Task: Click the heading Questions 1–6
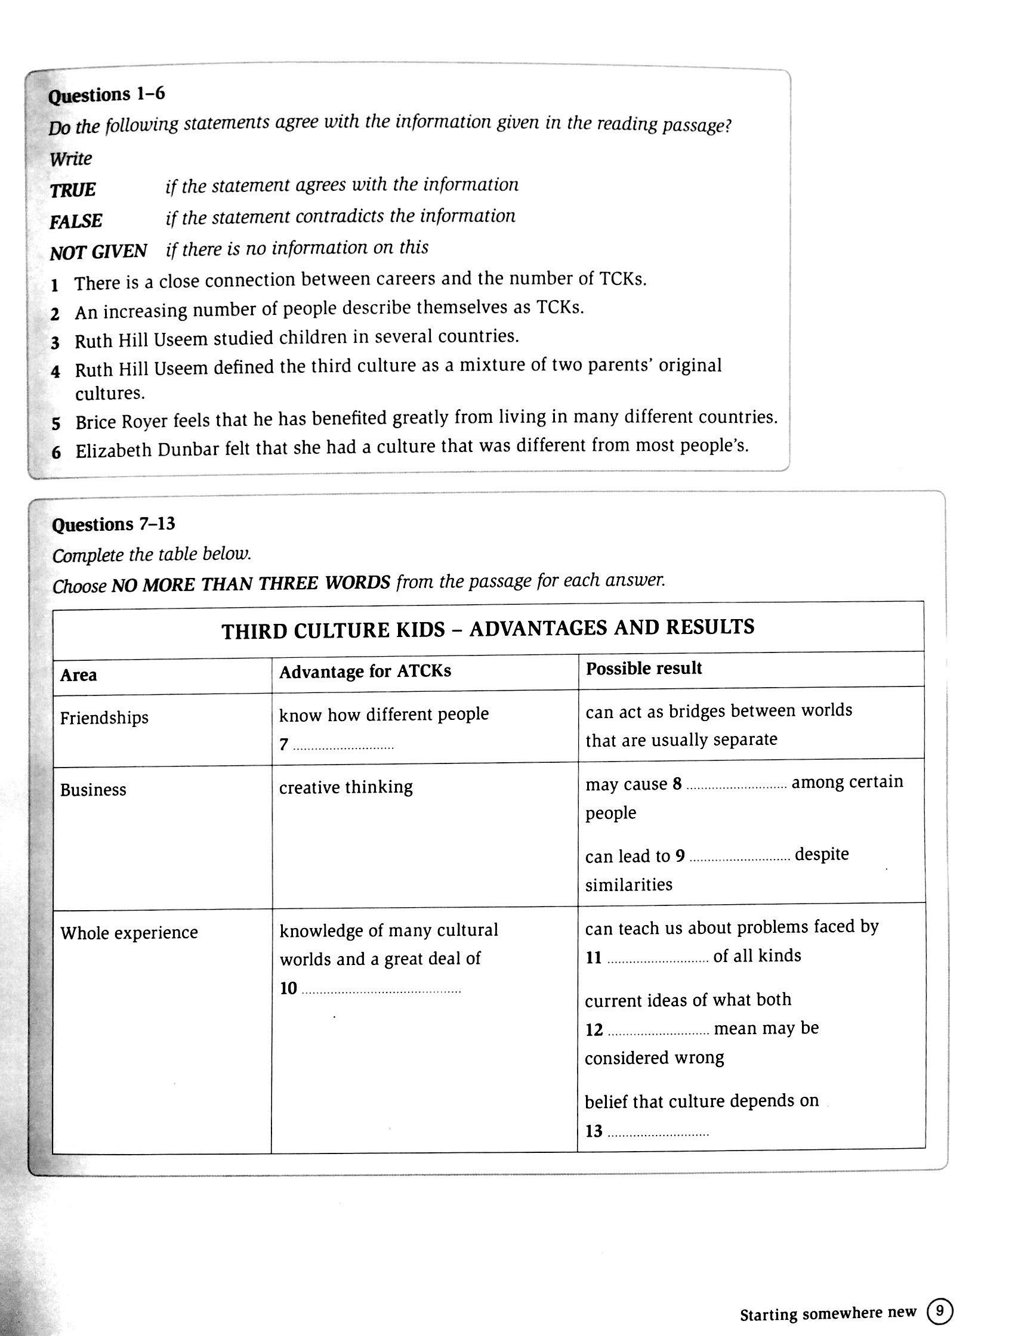(x=106, y=95)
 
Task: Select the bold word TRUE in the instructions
(x=73, y=190)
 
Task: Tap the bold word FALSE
(x=76, y=221)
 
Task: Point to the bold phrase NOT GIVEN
(x=98, y=252)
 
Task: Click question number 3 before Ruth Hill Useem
(x=55, y=343)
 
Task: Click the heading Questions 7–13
(x=113, y=524)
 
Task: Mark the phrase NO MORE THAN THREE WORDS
(x=251, y=583)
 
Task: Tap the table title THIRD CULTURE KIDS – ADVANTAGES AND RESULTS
(x=488, y=629)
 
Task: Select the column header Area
(x=79, y=675)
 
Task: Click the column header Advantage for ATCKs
(x=365, y=672)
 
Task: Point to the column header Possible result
(x=643, y=669)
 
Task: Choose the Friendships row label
(x=104, y=718)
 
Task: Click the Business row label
(x=93, y=790)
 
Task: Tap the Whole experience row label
(x=129, y=933)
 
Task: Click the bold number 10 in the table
(x=288, y=988)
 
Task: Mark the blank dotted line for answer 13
(x=658, y=1134)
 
